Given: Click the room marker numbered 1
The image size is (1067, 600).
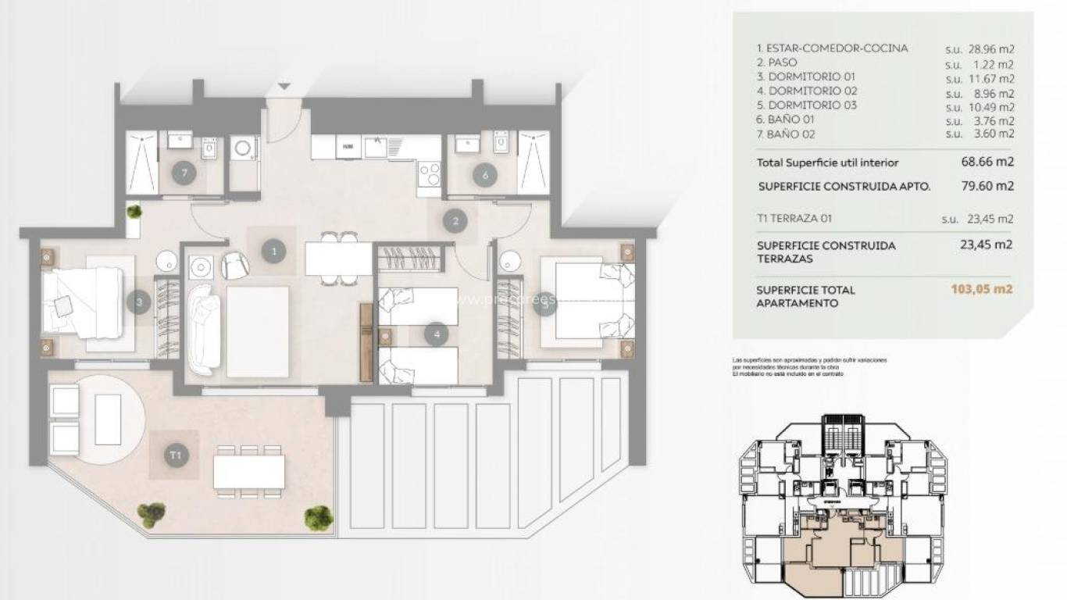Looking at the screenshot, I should coord(273,251).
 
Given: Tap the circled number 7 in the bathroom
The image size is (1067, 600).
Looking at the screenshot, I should coord(184,174).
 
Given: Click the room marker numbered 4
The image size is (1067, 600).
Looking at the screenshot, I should coord(436,334).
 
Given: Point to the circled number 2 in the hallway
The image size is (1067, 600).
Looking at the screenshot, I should coord(455,221).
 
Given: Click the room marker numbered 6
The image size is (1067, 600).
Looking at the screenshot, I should coord(485,176).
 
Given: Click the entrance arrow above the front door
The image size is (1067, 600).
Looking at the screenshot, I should coord(284,85).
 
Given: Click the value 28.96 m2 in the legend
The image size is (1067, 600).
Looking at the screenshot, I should coord(990,48).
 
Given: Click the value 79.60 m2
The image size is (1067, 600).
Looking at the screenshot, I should coord(987,186).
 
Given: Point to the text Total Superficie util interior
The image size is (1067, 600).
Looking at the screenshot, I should coord(817,162).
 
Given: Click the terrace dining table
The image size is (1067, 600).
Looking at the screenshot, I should coord(248,471).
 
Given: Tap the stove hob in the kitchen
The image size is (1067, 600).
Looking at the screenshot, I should coord(430,173).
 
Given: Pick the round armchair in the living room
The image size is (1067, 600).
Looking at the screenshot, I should coord(234,266).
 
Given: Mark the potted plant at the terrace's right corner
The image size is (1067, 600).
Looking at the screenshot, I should coord(319,516).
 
